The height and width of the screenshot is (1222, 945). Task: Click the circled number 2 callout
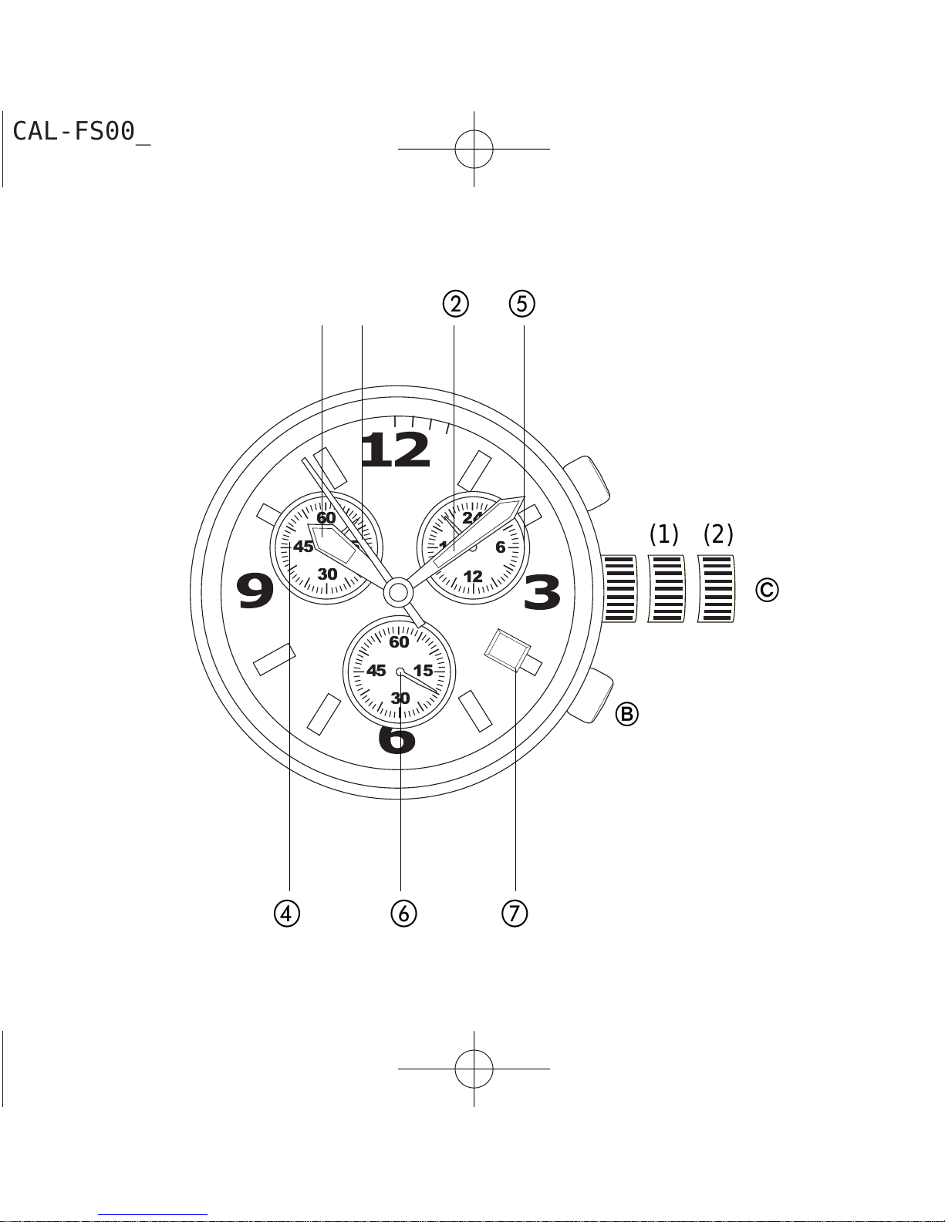[x=455, y=304]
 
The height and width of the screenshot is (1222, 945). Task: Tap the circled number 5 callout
[x=522, y=304]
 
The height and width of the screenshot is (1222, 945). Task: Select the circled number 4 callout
[x=287, y=914]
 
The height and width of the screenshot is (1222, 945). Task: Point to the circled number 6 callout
[x=404, y=914]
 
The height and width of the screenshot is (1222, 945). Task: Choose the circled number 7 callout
[x=515, y=914]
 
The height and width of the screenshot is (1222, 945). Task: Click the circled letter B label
[x=626, y=714]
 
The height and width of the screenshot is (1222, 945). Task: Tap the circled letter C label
[x=768, y=590]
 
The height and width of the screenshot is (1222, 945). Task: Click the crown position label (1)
[x=663, y=534]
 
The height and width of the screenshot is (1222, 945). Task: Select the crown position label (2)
[x=718, y=534]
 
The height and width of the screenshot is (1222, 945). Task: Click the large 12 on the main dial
[x=396, y=450]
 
